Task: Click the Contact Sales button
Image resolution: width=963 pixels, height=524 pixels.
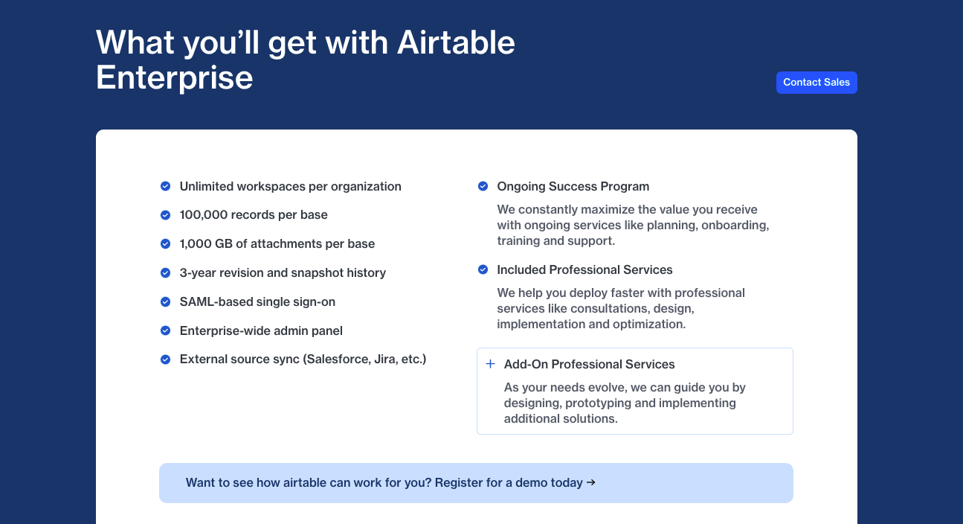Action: point(817,83)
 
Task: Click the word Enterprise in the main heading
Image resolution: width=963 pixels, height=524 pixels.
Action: point(174,78)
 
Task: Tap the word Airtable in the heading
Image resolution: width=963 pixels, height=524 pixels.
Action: point(456,42)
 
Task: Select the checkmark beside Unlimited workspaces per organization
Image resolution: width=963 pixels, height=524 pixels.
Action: point(166,186)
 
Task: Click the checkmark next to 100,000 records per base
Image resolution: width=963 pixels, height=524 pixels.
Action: point(166,215)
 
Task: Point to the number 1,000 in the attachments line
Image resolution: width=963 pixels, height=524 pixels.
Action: point(195,244)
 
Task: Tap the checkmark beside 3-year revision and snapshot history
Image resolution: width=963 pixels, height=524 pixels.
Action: point(166,272)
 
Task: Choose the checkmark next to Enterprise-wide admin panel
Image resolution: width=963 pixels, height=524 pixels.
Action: point(166,330)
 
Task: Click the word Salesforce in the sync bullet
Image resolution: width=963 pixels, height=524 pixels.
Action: point(337,360)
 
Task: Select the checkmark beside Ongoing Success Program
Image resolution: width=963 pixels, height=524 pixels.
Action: point(483,186)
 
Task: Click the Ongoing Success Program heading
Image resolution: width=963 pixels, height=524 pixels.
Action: point(573,186)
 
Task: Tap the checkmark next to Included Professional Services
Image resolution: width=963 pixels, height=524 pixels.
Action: point(483,269)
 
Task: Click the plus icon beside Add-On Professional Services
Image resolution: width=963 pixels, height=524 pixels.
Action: point(490,364)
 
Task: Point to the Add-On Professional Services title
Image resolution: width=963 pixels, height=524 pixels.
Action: point(590,365)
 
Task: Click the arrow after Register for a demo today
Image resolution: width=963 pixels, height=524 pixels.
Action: point(591,483)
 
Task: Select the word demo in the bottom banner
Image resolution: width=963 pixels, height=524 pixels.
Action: point(531,483)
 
